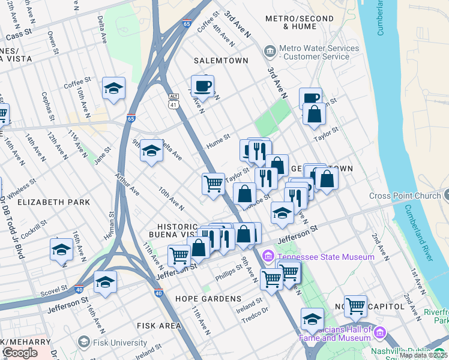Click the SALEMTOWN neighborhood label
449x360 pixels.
point(220,61)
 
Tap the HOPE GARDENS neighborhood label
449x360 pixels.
point(208,298)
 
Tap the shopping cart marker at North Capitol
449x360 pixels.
point(355,307)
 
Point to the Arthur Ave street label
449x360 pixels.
point(128,185)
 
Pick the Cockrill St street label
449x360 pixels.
point(34,228)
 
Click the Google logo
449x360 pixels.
point(20,353)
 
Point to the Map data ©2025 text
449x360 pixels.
point(423,355)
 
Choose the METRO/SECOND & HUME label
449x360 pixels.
point(291,22)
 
